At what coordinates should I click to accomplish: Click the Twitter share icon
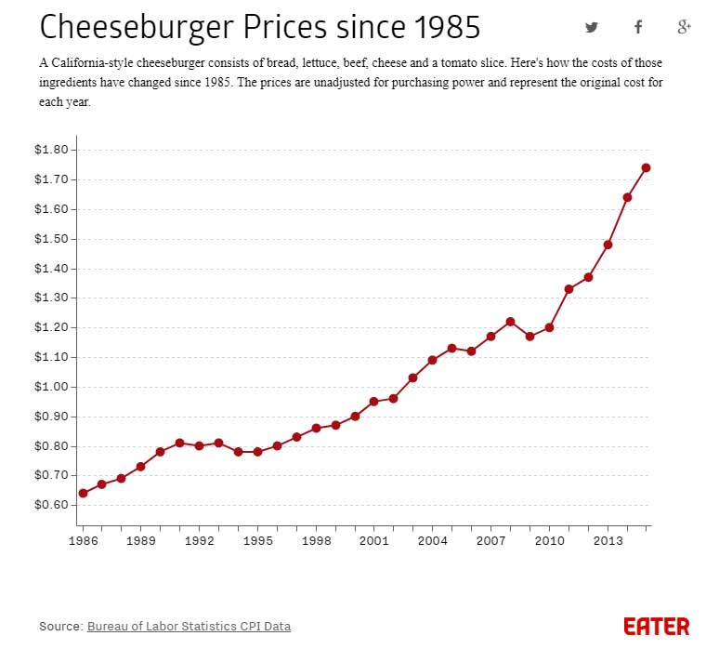(592, 27)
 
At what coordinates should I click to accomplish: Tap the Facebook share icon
(638, 27)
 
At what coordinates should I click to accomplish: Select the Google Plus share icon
(685, 27)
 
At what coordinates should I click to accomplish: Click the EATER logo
(657, 626)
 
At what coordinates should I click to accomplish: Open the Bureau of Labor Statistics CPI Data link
(195, 627)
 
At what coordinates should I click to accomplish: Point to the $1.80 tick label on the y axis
(52, 150)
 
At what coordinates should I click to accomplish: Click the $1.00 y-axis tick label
(52, 387)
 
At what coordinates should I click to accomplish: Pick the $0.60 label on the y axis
(52, 505)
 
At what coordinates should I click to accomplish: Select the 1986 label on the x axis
(83, 539)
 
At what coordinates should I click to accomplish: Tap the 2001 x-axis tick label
(373, 539)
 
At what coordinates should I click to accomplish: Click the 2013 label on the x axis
(608, 539)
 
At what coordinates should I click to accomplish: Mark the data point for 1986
(83, 493)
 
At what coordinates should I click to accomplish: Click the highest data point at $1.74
(647, 167)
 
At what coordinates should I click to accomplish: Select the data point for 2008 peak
(510, 322)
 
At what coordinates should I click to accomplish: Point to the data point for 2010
(549, 327)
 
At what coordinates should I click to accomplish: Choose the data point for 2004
(432, 360)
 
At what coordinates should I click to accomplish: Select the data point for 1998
(316, 428)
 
